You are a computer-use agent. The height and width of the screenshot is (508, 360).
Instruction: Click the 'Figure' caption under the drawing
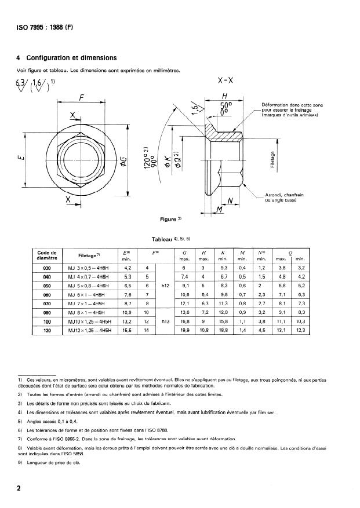click(170, 220)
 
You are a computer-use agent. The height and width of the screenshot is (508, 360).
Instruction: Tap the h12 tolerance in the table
click(165, 286)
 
